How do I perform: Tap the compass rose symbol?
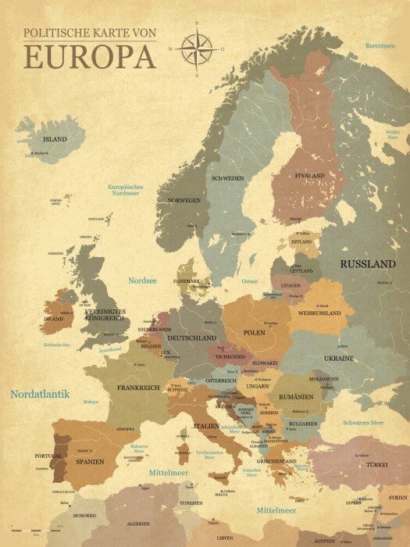[197, 48]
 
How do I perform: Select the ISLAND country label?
[55, 139]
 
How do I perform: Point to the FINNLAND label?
[309, 176]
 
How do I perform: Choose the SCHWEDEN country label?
[227, 178]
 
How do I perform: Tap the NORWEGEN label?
[184, 200]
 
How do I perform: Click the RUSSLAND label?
[367, 264]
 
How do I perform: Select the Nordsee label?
[143, 280]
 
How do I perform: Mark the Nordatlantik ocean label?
[40, 395]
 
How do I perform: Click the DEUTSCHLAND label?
[191, 338]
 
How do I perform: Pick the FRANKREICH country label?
[138, 388]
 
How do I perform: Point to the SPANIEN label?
[91, 462]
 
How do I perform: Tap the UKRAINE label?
[339, 358]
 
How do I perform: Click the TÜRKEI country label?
[377, 464]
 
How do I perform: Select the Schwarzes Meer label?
[363, 423]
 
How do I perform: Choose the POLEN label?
[255, 332]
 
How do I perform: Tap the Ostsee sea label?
[250, 281]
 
